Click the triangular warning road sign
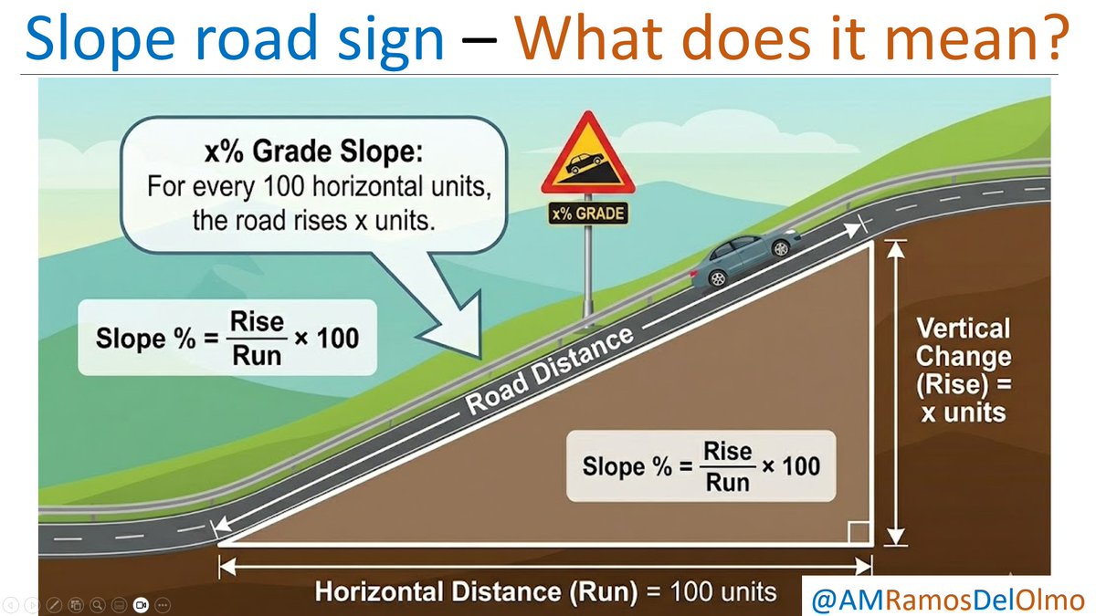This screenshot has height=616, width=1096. (585, 157)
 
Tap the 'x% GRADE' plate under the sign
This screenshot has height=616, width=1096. (586, 214)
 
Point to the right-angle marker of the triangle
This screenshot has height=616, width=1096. (858, 531)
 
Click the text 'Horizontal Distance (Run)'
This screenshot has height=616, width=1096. (475, 591)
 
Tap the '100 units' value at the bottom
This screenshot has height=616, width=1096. (723, 591)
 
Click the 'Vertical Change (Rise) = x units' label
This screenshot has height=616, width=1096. (963, 370)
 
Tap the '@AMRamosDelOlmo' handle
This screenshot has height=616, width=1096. (948, 599)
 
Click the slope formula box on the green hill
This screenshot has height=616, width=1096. (227, 337)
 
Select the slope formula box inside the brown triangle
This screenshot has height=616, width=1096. (701, 465)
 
